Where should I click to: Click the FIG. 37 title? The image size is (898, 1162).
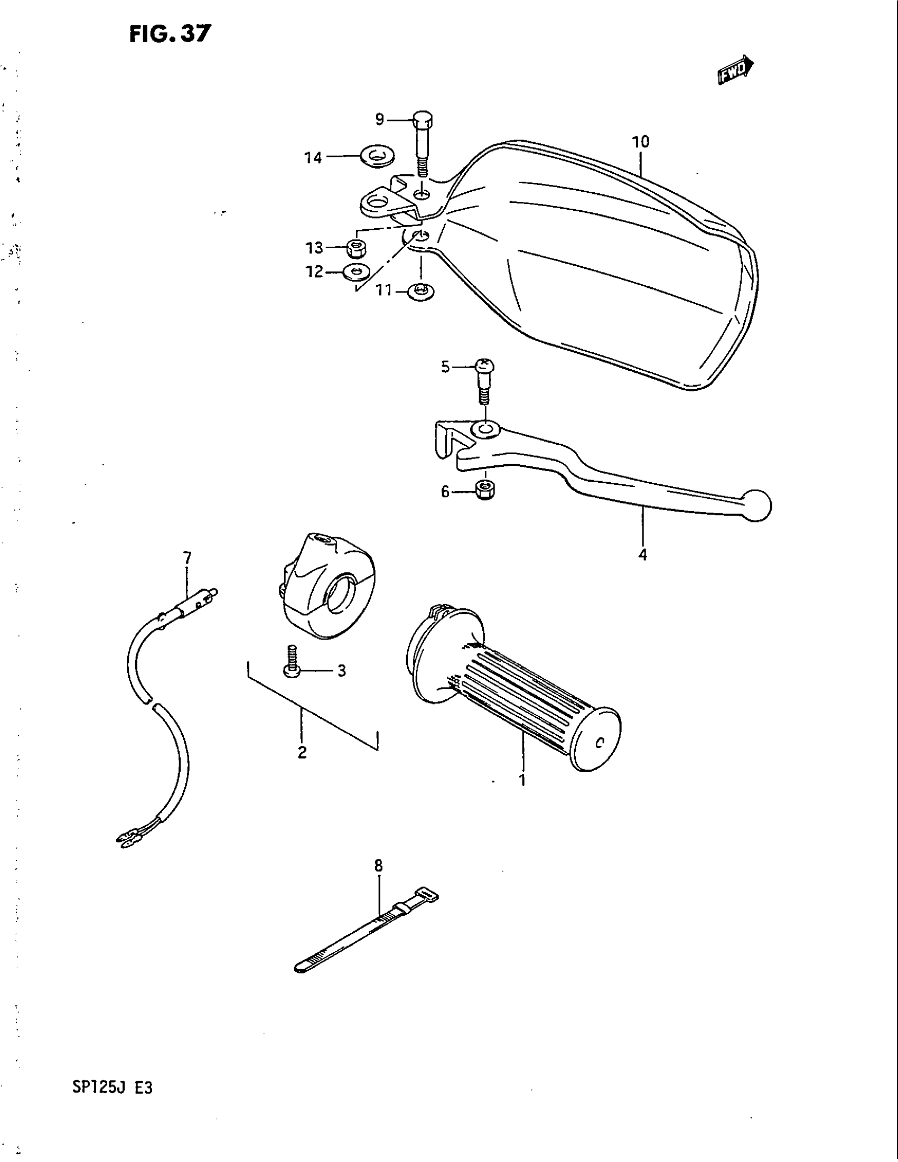[x=170, y=34]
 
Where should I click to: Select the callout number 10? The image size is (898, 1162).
[x=641, y=142]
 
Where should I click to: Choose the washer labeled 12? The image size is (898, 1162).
[x=356, y=272]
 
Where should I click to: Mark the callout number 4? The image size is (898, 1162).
[x=643, y=555]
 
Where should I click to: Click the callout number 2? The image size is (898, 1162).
[x=302, y=752]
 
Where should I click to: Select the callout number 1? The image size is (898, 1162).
[x=522, y=780]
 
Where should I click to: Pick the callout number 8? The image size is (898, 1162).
[x=378, y=866]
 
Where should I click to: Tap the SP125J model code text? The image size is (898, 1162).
[x=98, y=1088]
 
